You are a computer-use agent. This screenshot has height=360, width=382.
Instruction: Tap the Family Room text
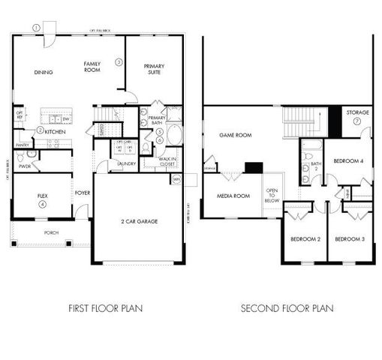(x=92, y=67)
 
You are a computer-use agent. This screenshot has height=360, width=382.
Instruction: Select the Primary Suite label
(x=154, y=69)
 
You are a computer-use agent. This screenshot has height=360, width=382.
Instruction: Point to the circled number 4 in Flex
(x=43, y=204)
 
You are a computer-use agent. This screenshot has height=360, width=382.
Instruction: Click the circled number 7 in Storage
(x=357, y=121)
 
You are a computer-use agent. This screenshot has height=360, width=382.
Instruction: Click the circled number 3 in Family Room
(x=119, y=62)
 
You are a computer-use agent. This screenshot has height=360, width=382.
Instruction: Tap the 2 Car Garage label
(x=138, y=222)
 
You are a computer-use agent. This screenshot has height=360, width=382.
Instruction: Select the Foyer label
(x=83, y=193)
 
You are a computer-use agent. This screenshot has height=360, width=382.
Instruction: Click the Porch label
(x=51, y=232)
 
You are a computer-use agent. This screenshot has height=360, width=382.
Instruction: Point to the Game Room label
(x=234, y=136)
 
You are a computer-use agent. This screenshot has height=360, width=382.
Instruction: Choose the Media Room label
(x=233, y=196)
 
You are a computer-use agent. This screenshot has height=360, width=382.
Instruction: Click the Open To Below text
(x=272, y=196)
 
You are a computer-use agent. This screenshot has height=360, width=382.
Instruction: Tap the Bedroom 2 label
(x=305, y=238)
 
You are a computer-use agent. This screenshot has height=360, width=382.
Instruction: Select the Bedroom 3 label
(x=350, y=238)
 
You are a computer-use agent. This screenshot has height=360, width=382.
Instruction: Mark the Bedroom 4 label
(x=348, y=160)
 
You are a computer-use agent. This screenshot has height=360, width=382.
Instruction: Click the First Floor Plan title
(x=105, y=307)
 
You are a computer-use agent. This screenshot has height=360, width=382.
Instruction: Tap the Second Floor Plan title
(x=287, y=307)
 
